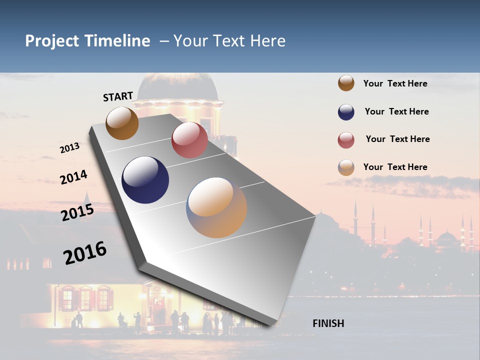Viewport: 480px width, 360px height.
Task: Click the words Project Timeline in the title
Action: tap(87, 41)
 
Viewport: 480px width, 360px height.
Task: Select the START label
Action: tap(118, 96)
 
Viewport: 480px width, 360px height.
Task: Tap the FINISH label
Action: tap(328, 323)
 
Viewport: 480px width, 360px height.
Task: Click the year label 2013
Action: tap(69, 147)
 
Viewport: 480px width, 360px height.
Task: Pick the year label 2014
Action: tap(73, 177)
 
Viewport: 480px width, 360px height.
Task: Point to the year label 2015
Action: tap(77, 212)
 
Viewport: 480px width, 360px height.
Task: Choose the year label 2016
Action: tap(85, 252)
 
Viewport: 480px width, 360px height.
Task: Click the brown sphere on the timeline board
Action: tap(122, 123)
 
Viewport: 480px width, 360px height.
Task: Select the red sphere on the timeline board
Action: tap(189, 140)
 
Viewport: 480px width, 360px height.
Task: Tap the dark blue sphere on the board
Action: tap(145, 180)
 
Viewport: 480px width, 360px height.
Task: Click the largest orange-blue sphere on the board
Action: tap(216, 207)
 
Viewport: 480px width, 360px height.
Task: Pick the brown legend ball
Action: tap(346, 83)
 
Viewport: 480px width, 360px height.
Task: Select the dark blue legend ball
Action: tap(346, 112)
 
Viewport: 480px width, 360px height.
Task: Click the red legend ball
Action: tap(346, 140)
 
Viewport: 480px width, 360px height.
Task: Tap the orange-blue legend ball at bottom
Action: tap(346, 167)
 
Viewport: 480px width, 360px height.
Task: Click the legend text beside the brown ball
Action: tap(395, 83)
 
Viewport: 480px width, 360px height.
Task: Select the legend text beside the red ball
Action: tap(397, 139)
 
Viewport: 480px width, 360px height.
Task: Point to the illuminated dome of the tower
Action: tap(177, 87)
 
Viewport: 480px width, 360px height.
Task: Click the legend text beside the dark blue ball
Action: tap(396, 111)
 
